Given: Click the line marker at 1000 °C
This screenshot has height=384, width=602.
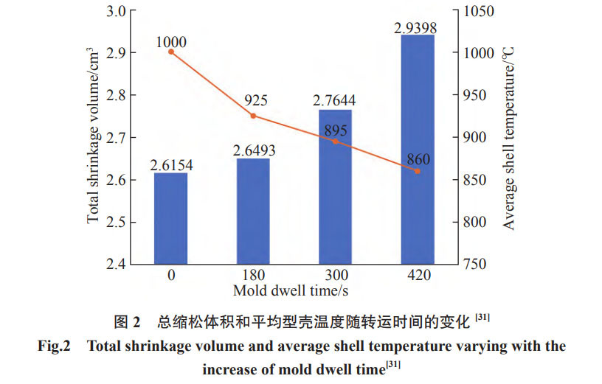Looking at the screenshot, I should click(x=171, y=52).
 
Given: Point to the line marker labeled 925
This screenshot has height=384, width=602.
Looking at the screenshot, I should click(x=253, y=116).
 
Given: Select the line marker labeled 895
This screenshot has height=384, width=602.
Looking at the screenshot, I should click(x=335, y=141).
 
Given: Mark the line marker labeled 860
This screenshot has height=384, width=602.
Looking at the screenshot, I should click(x=418, y=171).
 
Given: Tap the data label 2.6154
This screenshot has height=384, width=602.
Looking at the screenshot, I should click(x=171, y=165).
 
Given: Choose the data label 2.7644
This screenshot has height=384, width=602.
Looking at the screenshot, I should click(x=335, y=101).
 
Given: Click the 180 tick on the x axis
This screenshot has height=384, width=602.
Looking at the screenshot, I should click(x=253, y=276).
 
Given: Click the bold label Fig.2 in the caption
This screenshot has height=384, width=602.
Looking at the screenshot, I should click(x=54, y=346).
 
